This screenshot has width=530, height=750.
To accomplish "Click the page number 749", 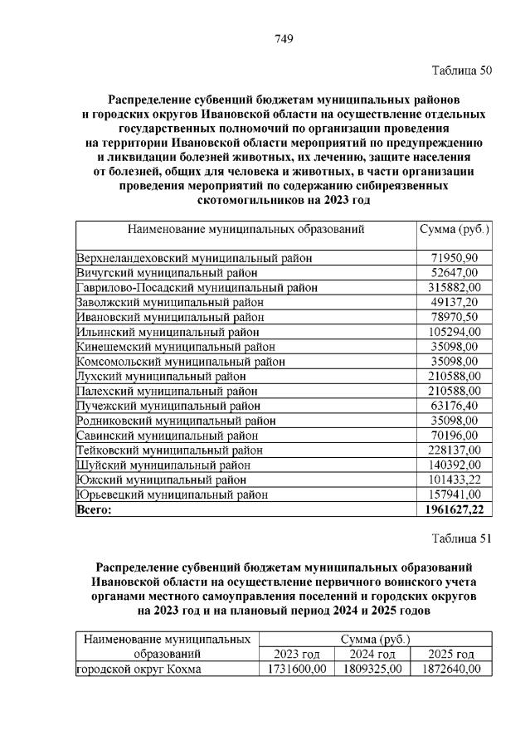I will coord(284,38).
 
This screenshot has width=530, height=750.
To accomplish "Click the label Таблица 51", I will coord(462,538).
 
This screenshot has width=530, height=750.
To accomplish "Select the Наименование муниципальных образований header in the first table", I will coord(246,229).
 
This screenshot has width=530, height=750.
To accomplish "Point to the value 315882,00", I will coord(452,287).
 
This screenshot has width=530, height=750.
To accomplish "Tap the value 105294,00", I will coord(452,331).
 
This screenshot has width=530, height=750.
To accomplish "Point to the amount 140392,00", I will coord(452,465).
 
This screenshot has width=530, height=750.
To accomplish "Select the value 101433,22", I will coord(452,480).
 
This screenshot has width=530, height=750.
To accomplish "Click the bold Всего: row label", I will coord(94,509).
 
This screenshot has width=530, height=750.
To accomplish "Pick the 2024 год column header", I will coord(372,655).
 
